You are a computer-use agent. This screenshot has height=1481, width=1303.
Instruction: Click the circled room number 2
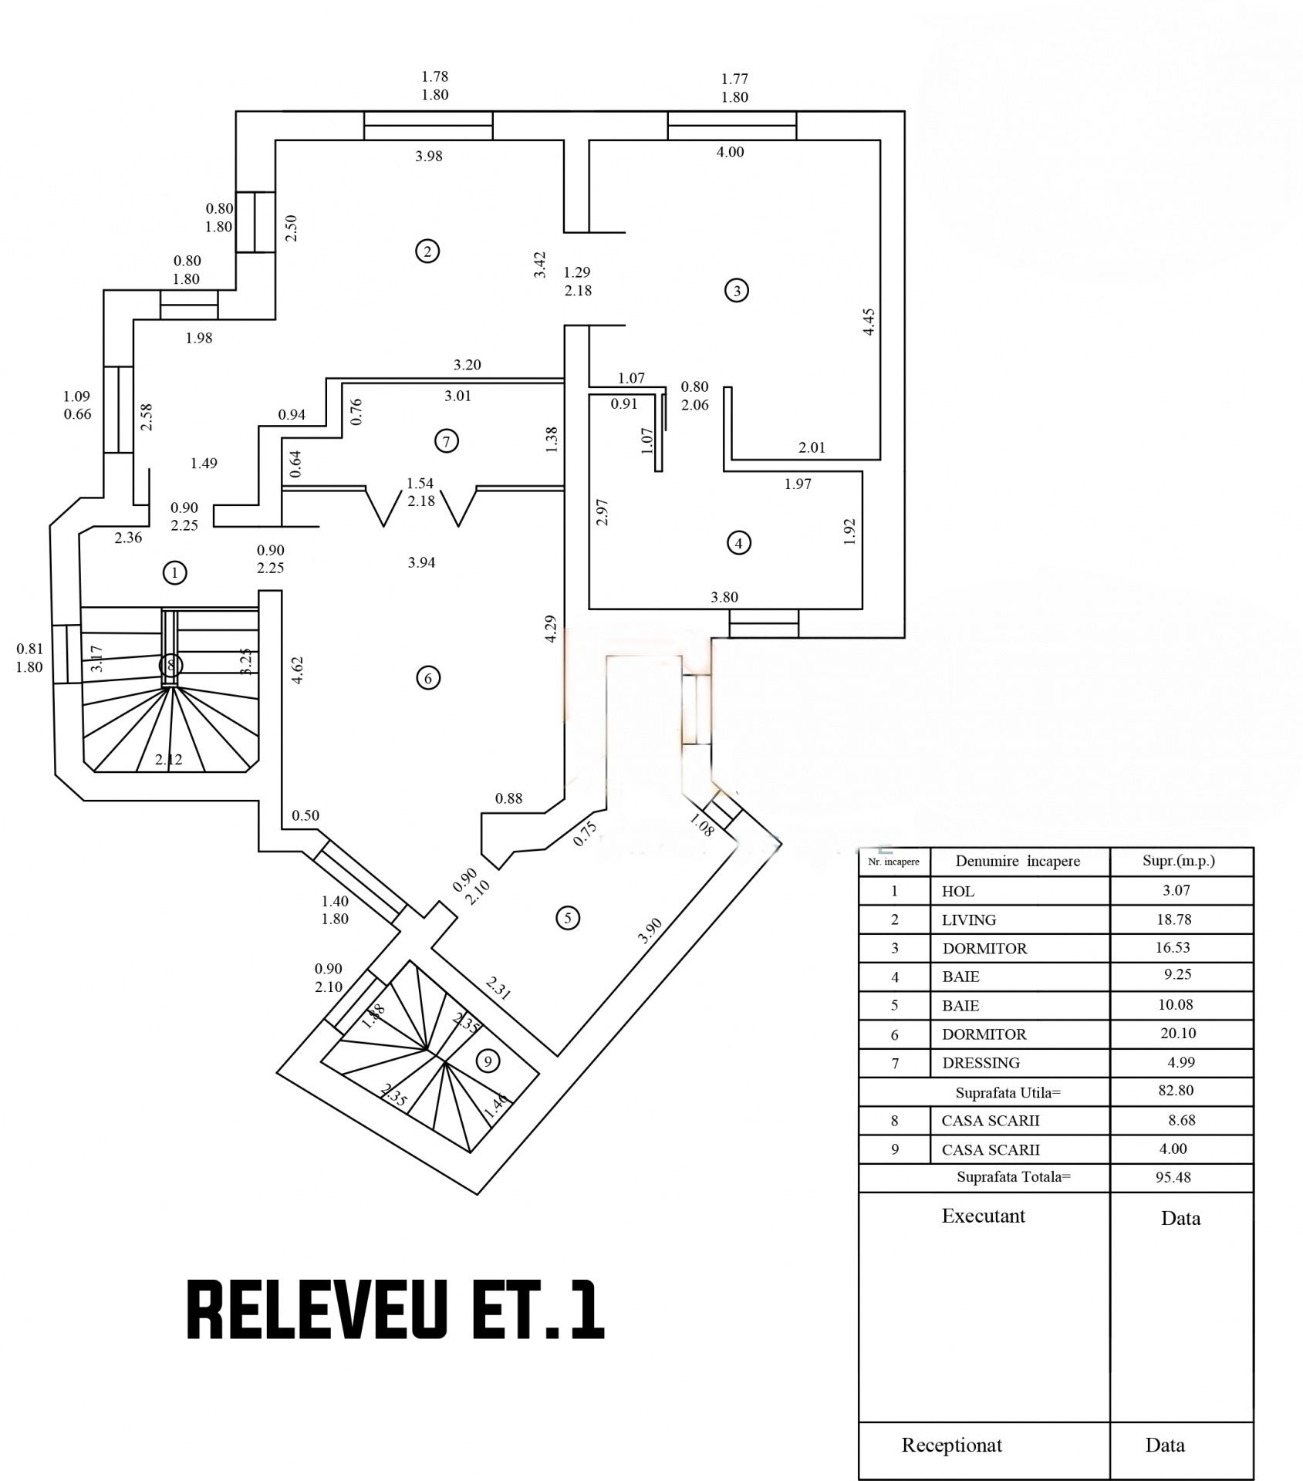[x=427, y=251]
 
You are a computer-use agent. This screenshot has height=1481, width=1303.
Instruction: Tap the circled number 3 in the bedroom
[x=737, y=291]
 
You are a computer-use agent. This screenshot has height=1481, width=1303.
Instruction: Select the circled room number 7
[x=446, y=441]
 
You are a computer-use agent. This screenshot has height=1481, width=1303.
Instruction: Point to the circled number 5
[x=568, y=918]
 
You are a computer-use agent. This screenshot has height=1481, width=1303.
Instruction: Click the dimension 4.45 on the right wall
[x=869, y=322]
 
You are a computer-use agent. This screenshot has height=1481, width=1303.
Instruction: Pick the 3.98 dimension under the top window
[x=429, y=157]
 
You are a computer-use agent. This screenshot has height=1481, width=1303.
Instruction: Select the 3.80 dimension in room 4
[x=724, y=597]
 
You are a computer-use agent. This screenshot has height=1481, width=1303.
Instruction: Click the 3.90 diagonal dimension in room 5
[x=650, y=932]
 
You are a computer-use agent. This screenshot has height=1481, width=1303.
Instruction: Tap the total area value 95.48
[x=1174, y=1177]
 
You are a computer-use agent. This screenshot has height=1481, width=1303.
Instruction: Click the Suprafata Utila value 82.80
[x=1174, y=1091]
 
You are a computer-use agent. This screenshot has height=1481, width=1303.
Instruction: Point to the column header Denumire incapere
[x=1018, y=862]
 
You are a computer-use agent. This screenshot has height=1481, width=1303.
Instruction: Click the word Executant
[x=984, y=1216]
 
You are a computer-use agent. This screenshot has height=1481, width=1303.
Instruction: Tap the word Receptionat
[x=952, y=1446]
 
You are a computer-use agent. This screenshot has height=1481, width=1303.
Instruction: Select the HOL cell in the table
[x=958, y=892]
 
